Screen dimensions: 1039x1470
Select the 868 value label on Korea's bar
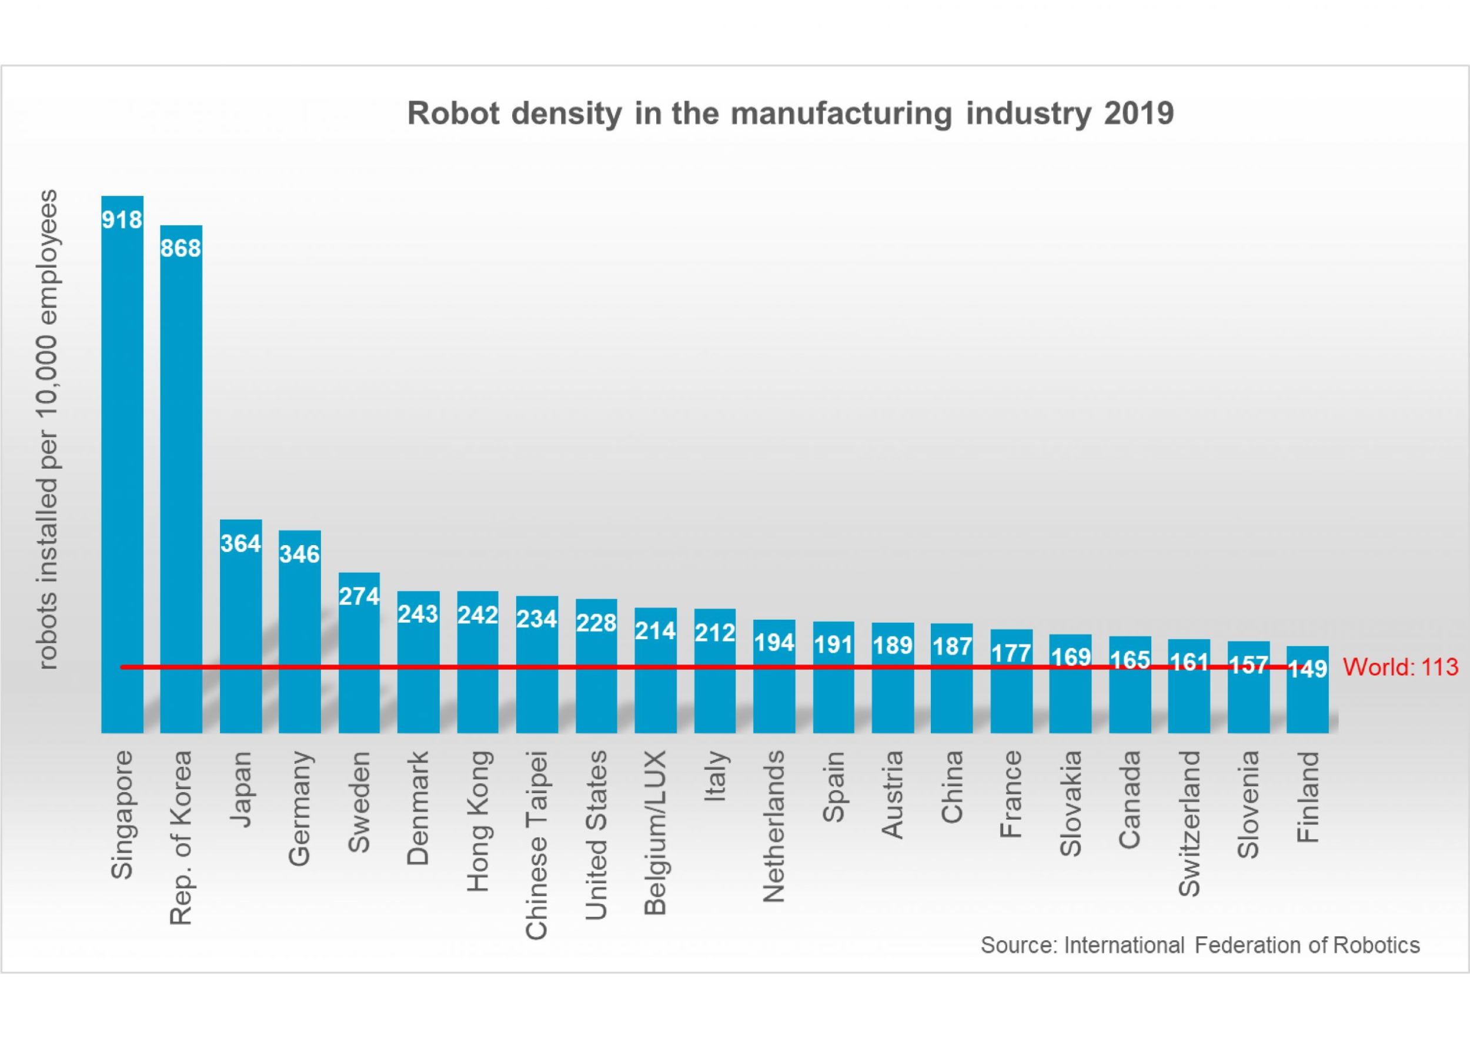coord(181,248)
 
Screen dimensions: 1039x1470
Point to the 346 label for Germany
coord(300,554)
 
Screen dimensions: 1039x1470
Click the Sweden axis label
coord(359,802)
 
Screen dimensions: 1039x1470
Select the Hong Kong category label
coord(478,821)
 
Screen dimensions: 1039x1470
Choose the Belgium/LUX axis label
coord(656,833)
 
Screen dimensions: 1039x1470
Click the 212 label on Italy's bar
coord(715,633)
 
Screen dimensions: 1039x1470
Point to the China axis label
coord(952,787)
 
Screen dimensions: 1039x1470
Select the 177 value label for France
coord(1011,653)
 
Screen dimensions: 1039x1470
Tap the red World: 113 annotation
coord(1400,667)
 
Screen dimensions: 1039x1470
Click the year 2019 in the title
coord(1139,113)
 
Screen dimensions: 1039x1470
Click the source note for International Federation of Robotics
coord(1200,945)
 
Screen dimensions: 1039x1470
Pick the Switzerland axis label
coord(1190,823)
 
